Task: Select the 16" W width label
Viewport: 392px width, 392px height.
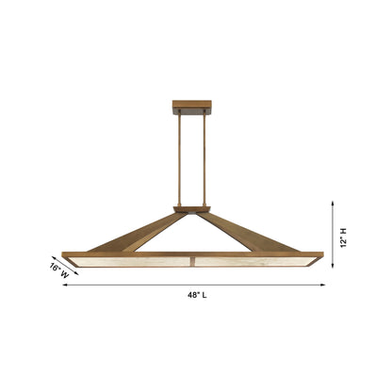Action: (58, 270)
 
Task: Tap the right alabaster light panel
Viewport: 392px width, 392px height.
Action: (250, 259)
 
